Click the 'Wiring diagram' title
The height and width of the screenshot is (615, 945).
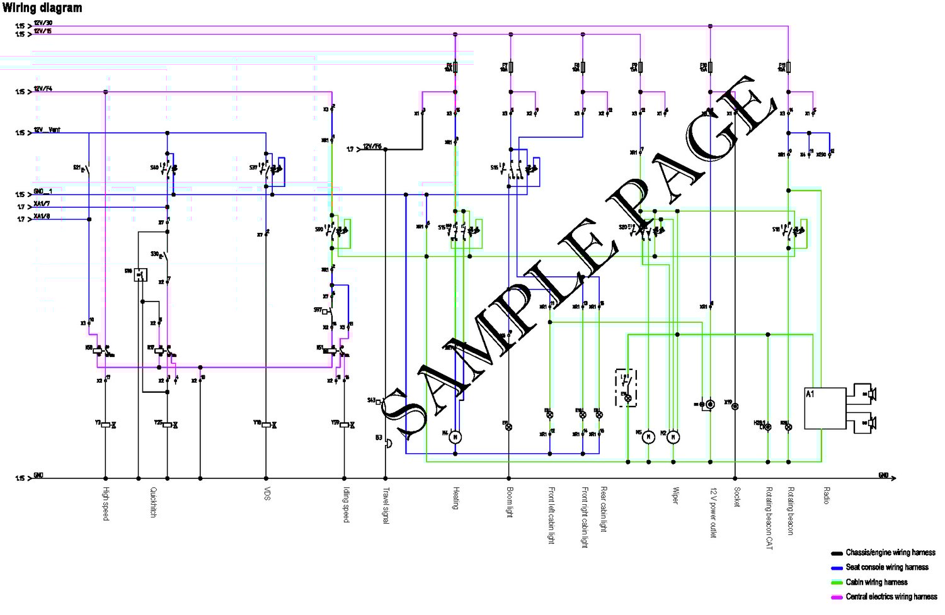42,8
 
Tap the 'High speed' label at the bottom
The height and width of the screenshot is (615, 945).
106,503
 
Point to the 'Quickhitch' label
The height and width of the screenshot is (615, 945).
152,502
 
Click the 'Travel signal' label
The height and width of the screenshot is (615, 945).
386,506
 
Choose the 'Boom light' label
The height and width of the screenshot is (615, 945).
509,502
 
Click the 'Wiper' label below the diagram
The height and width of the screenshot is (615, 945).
675,495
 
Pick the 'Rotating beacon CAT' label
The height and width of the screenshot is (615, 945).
769,518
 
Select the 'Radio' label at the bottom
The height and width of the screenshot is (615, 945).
826,495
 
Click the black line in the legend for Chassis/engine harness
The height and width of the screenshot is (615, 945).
837,553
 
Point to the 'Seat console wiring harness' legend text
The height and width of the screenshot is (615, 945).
887,567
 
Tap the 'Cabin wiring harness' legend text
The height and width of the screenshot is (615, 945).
876,582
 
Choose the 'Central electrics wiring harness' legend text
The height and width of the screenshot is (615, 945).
891,596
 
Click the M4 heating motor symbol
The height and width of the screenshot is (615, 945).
455,436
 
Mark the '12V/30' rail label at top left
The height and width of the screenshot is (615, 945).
43,23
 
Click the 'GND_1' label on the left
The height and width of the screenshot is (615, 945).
43,191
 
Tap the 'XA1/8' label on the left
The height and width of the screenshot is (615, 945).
42,217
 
